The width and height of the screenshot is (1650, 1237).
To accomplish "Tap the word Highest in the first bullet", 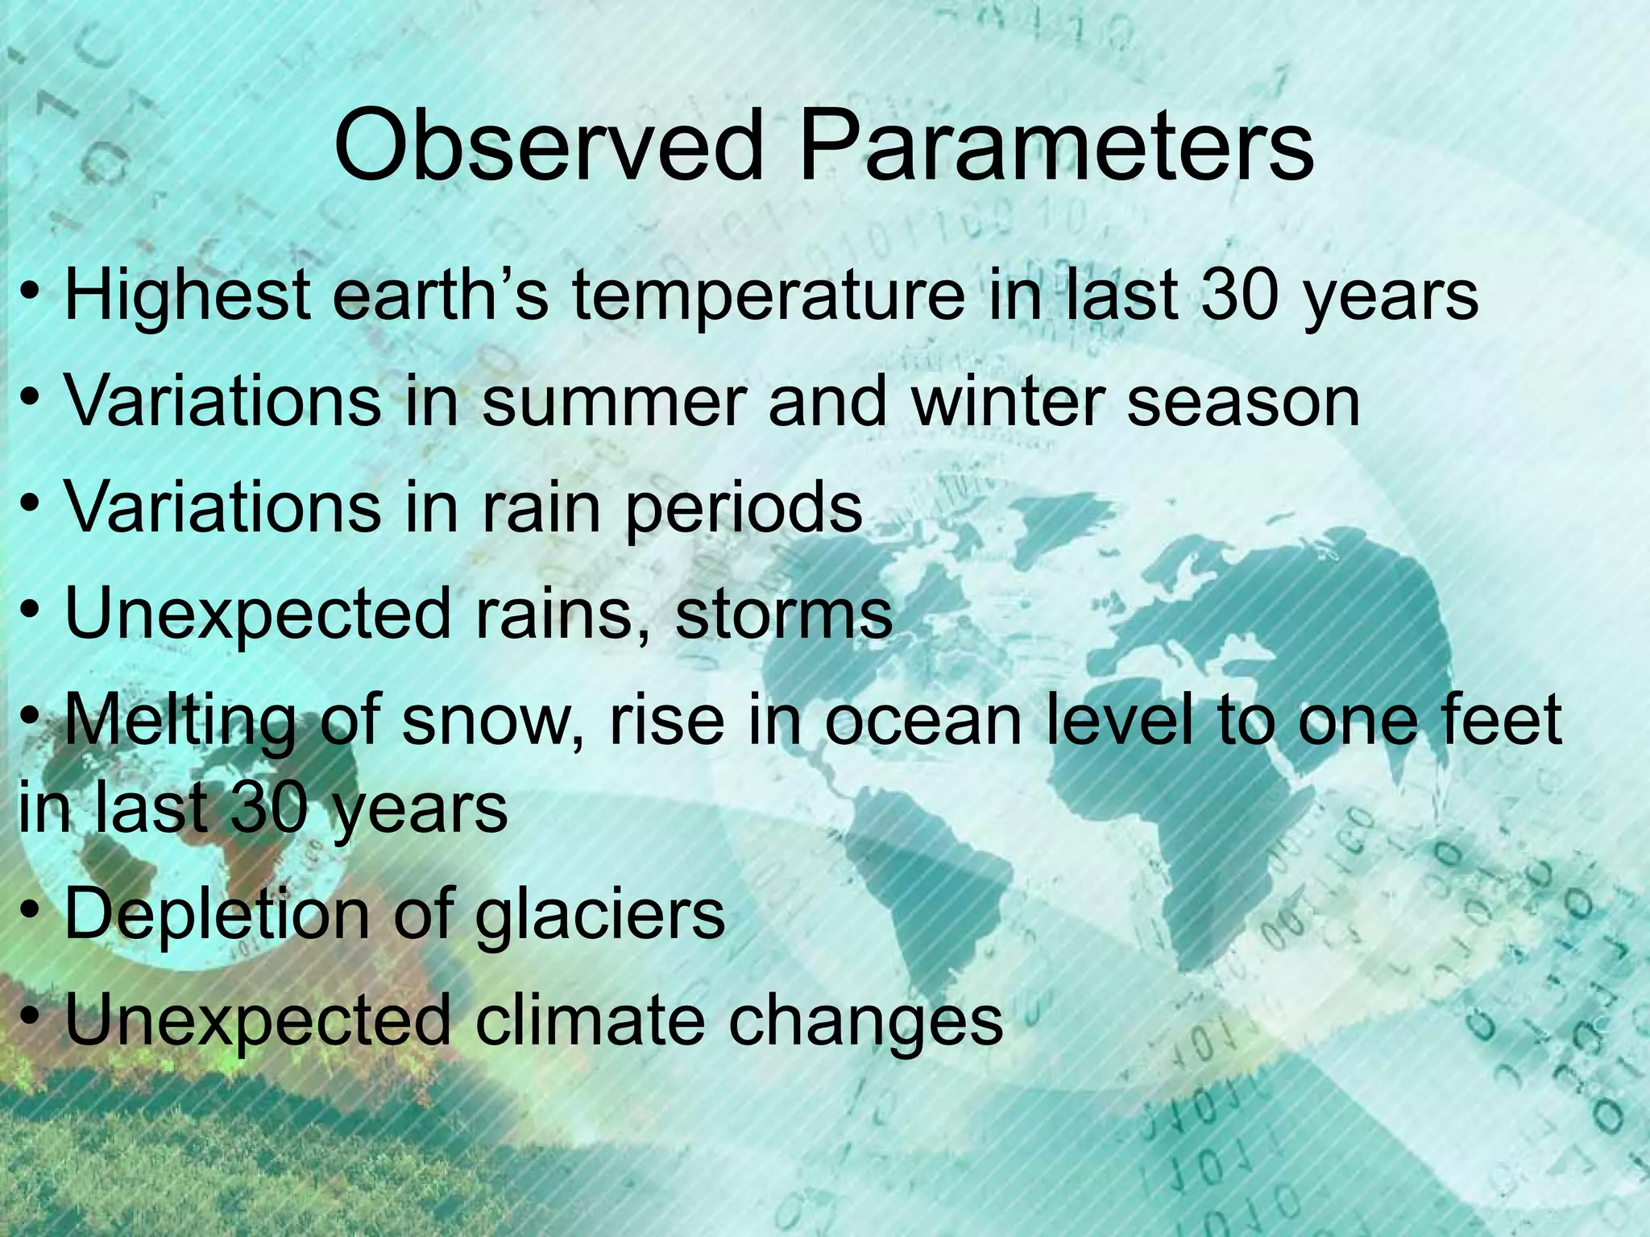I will (x=187, y=296).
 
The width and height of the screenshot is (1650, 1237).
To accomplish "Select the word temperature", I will (x=767, y=296).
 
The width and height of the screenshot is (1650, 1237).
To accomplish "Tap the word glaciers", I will (x=599, y=916).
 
